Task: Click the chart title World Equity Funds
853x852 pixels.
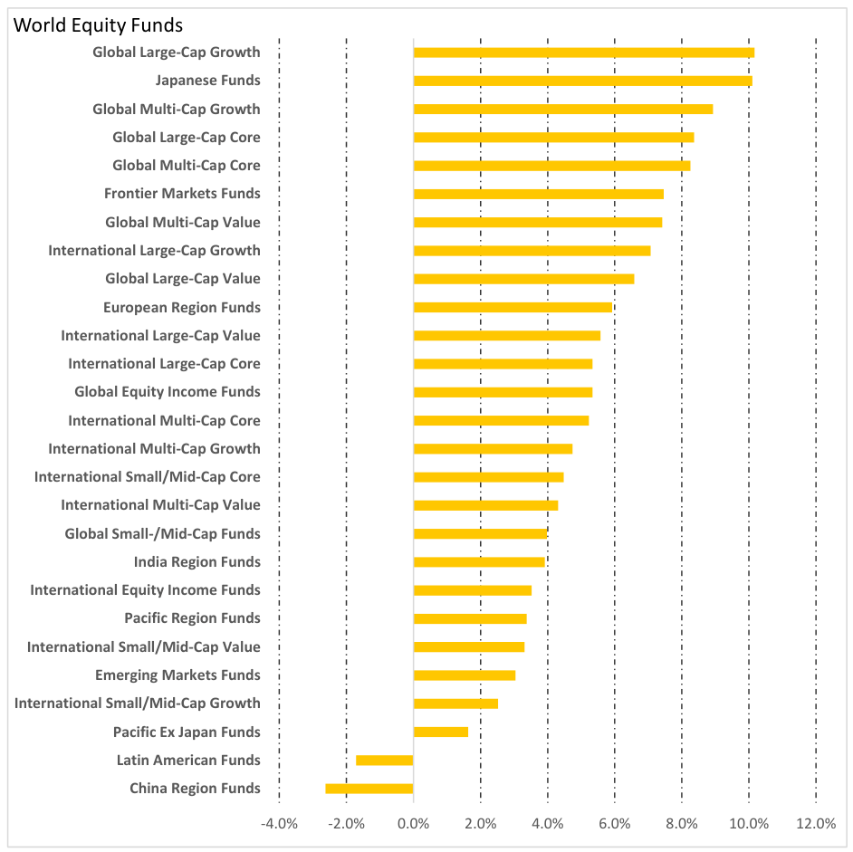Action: point(97,25)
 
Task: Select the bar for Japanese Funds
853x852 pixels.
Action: point(582,81)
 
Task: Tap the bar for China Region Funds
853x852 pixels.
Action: point(369,789)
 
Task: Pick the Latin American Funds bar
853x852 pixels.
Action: point(385,761)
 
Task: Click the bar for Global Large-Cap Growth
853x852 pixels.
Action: point(583,53)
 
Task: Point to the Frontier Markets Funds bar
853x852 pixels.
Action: point(539,194)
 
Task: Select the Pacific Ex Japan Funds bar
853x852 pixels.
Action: point(441,732)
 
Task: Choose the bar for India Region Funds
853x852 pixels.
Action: point(479,562)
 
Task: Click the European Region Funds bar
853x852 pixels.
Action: point(513,307)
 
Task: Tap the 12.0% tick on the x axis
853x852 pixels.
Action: point(816,824)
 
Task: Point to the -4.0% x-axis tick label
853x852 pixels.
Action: point(279,824)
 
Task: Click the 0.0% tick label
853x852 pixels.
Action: point(413,824)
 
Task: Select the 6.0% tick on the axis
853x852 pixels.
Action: point(614,824)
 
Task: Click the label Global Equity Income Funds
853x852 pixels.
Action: point(168,392)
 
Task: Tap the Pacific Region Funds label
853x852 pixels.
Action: point(192,618)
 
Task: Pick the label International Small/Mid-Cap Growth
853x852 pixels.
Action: point(138,704)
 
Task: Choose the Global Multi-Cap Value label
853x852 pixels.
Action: point(183,223)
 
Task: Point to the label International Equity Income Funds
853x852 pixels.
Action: point(145,590)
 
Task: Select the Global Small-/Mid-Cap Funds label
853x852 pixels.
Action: point(162,534)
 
